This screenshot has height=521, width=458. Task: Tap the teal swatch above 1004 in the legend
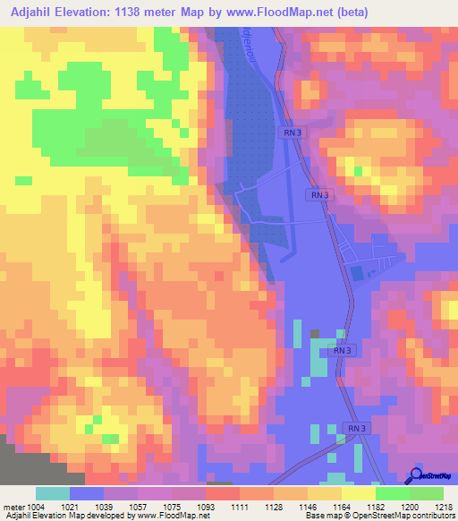tap(53, 492)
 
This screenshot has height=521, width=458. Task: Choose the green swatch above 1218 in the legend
tap(427, 492)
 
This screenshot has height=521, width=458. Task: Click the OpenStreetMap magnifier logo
tap(418, 474)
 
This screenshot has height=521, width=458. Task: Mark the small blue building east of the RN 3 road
tap(358, 272)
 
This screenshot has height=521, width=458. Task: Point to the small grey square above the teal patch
tap(315, 333)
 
